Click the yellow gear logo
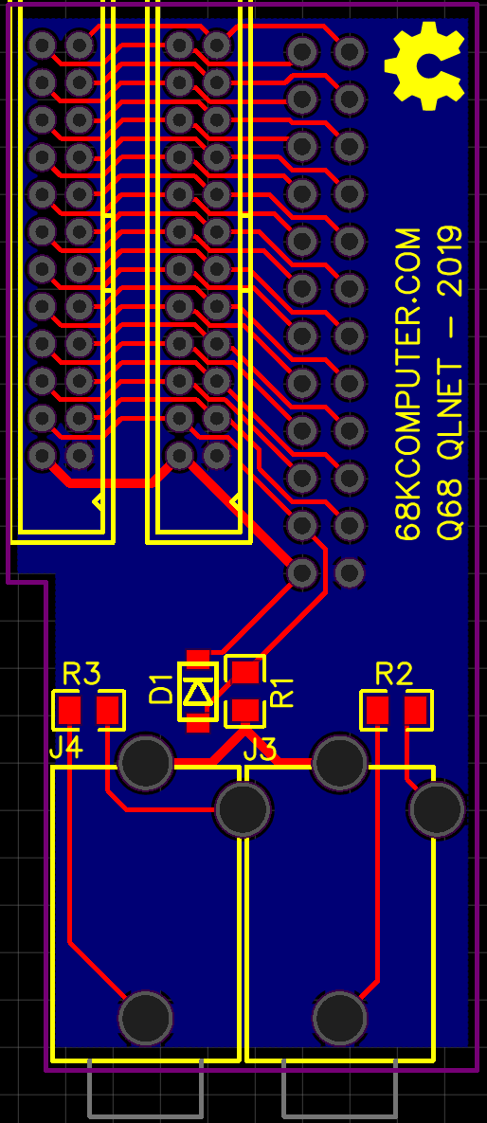[x=424, y=66]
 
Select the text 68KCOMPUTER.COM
[x=409, y=386]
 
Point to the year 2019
[x=450, y=260]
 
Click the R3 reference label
[x=81, y=674]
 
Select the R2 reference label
[x=394, y=674]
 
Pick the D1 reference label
[x=161, y=690]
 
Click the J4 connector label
[x=66, y=750]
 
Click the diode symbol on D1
[x=197, y=692]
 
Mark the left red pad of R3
[x=70, y=711]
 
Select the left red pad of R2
[x=377, y=711]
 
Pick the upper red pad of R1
[x=245, y=672]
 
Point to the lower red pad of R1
[x=245, y=711]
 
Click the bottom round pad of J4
[x=145, y=1018]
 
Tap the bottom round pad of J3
[x=339, y=1018]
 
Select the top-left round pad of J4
[x=145, y=762]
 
